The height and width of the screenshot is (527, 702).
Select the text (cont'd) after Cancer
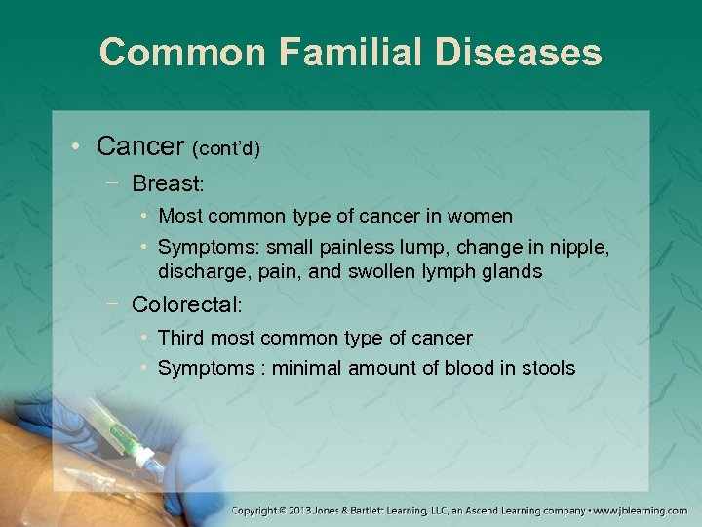[226, 149]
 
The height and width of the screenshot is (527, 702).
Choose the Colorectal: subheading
[186, 304]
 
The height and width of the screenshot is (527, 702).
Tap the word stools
[547, 368]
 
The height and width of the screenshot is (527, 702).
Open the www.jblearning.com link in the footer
[642, 510]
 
